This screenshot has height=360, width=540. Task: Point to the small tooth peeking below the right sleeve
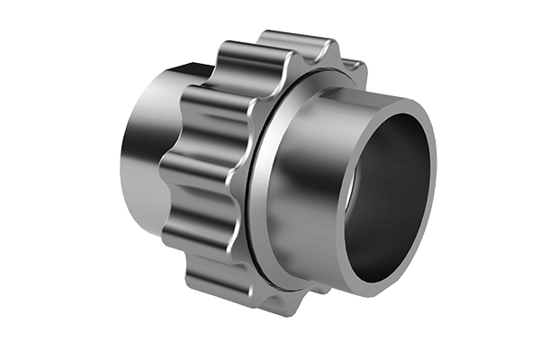click(317, 290)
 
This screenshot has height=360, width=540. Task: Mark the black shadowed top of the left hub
click(180, 72)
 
